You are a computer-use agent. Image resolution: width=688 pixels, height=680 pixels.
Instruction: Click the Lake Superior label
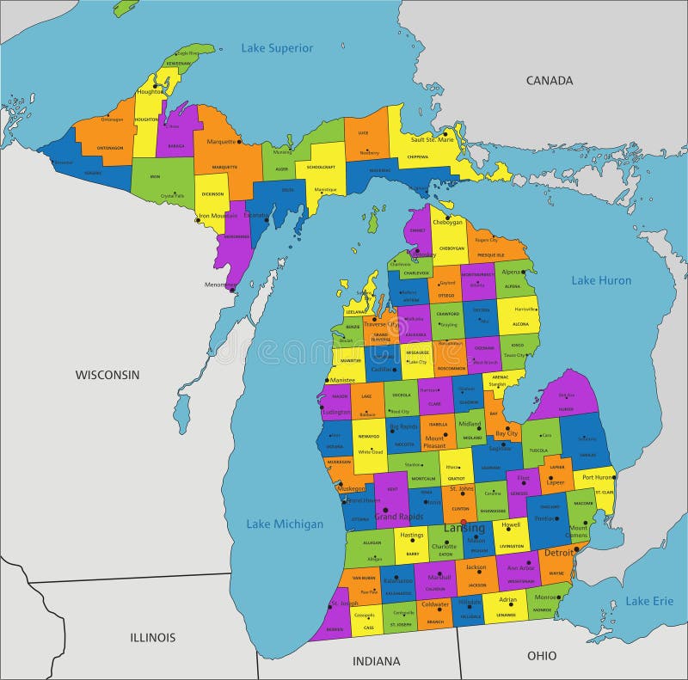pos(277,48)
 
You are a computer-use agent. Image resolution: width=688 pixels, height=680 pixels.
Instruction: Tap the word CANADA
pos(549,81)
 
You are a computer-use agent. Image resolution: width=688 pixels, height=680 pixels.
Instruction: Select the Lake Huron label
pos(601,280)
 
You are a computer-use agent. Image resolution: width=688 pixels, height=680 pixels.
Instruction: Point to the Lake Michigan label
pos(285,524)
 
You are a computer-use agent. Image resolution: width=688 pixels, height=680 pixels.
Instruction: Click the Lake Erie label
pos(649,601)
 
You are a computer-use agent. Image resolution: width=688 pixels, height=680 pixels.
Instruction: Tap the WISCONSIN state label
pos(107,375)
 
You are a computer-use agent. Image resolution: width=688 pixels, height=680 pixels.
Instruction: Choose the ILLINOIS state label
pos(153,637)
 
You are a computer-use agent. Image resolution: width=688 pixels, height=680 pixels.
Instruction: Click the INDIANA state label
pos(376,661)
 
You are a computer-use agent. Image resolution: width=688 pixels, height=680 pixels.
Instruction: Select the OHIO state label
pos(542,655)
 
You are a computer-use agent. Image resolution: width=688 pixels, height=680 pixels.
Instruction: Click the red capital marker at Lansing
pos(463,521)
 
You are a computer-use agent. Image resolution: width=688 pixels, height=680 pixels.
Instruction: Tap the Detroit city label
pos(558,553)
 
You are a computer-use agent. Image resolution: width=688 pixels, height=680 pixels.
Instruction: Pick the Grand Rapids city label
pos(398,517)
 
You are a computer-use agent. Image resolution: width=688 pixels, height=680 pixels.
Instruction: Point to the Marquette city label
pos(221,142)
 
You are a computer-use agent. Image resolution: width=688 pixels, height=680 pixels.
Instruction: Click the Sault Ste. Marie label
pos(432,139)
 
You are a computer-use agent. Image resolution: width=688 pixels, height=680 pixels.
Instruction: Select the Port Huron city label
pos(597,477)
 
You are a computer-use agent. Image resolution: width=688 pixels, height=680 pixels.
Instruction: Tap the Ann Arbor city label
pos(521,567)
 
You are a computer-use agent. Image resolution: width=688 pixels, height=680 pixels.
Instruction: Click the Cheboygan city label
pos(447,222)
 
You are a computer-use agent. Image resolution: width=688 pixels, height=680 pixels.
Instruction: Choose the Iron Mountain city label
pos(218,216)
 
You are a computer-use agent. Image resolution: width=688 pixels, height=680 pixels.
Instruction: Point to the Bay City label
pos(506,434)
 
